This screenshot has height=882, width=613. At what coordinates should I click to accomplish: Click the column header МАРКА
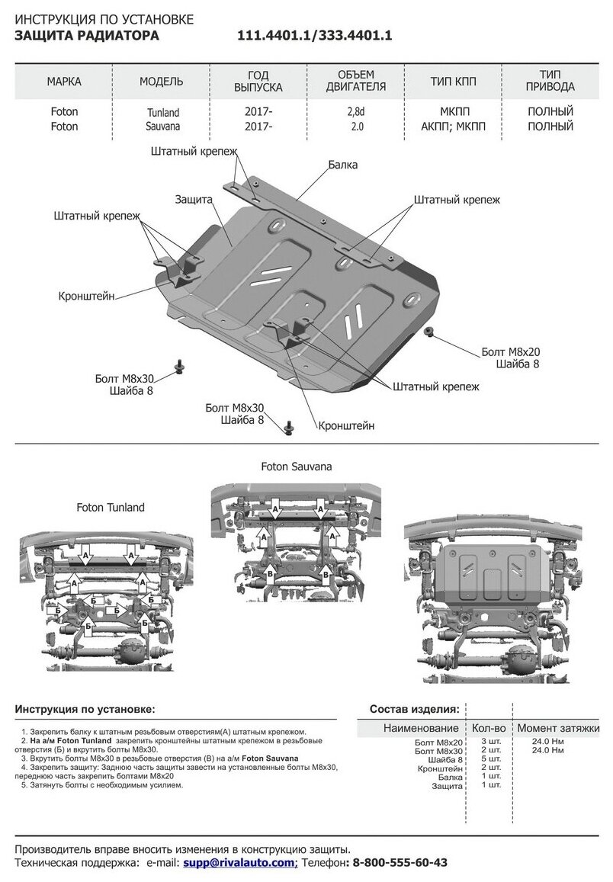pos(63,81)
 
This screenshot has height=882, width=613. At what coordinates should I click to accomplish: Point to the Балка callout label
pos(344,164)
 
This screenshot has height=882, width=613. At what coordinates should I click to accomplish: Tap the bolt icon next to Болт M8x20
pos(428,332)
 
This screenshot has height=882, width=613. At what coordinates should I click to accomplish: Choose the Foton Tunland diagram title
pos(110,507)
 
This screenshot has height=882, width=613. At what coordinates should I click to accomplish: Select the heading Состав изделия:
pos(414,708)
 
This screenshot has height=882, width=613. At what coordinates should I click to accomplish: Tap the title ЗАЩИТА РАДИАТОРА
pos(88,36)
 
